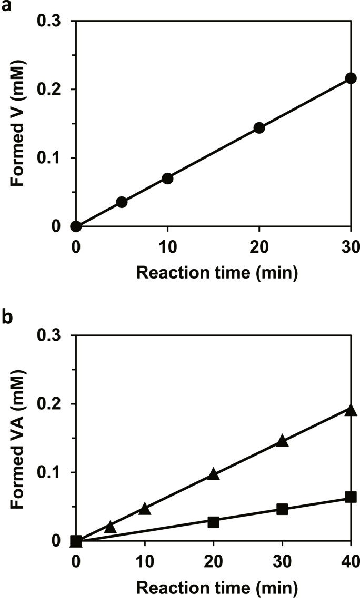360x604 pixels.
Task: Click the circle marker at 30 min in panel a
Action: pyautogui.click(x=351, y=78)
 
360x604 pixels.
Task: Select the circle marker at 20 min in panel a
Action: pyautogui.click(x=259, y=127)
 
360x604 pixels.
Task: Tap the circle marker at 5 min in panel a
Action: pyautogui.click(x=122, y=202)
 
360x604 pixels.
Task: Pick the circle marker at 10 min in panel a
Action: pyautogui.click(x=167, y=178)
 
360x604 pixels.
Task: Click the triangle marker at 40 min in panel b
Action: pyautogui.click(x=351, y=410)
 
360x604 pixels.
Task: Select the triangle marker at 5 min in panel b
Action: pyautogui.click(x=110, y=527)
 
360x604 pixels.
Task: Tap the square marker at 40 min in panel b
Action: pyautogui.click(x=351, y=497)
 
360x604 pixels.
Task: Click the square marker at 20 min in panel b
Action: pyautogui.click(x=213, y=522)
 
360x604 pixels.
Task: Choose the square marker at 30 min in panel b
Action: pyautogui.click(x=282, y=509)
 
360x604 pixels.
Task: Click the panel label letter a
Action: pyautogui.click(x=6, y=6)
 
